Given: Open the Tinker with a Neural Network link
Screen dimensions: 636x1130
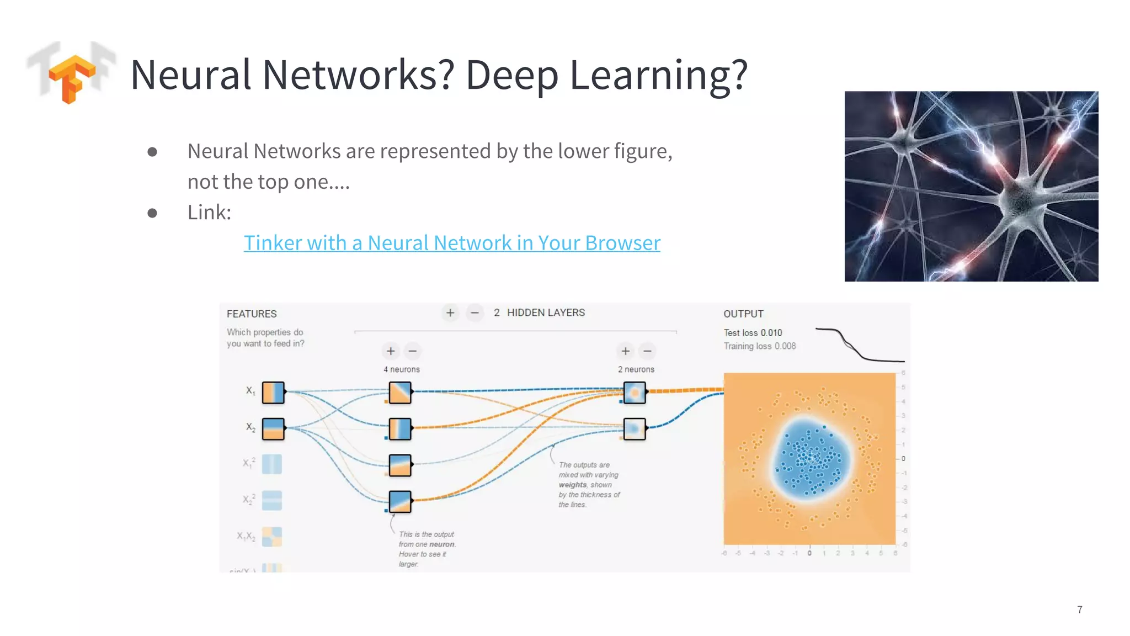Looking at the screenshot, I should tap(451, 243).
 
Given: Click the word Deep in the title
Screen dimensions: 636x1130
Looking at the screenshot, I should tap(511, 75).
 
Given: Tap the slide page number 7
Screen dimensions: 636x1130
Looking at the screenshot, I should tap(1079, 609).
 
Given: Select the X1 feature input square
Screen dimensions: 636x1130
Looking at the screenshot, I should tap(273, 393).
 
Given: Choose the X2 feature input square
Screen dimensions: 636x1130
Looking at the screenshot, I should tap(273, 428).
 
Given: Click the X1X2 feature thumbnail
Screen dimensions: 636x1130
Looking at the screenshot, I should tap(271, 536).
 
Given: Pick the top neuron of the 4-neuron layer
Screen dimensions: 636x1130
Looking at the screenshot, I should tap(400, 393).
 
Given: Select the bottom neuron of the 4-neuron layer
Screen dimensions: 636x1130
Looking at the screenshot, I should tap(400, 501).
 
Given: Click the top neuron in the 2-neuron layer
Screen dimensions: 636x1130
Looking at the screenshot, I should tap(635, 393).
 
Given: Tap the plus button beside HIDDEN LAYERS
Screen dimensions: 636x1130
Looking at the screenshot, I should tap(450, 313).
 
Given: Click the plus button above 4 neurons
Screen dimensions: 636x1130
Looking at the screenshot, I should tap(391, 351).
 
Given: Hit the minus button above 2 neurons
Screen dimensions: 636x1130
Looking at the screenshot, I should tap(647, 351).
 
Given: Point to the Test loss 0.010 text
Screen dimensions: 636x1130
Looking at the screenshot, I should tap(753, 333).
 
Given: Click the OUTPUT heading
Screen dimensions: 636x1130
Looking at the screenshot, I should tap(743, 314).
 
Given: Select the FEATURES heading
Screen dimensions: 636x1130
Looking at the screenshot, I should tap(252, 314).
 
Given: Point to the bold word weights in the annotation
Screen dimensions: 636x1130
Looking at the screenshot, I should tap(572, 485).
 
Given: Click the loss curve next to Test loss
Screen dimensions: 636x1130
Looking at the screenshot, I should tap(859, 346).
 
